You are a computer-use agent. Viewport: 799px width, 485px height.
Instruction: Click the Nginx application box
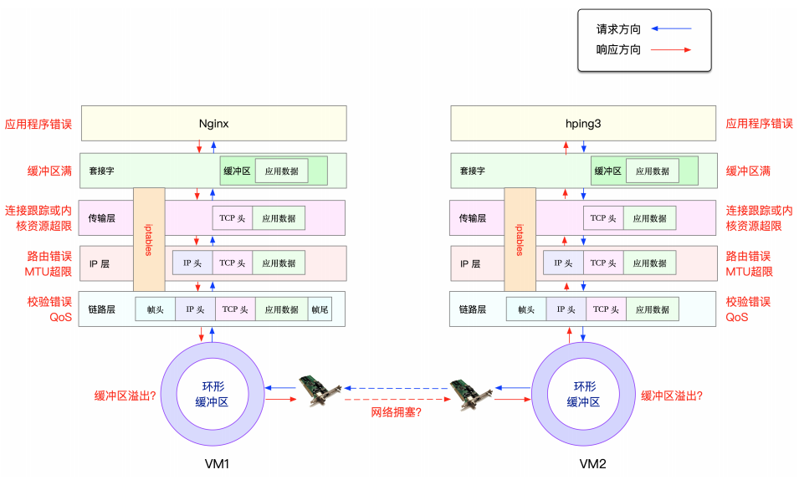click(213, 123)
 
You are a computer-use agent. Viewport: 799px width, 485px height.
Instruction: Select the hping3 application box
click(583, 123)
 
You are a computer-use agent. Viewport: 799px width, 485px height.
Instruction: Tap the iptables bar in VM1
click(149, 238)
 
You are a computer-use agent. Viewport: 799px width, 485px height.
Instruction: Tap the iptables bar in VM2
click(520, 238)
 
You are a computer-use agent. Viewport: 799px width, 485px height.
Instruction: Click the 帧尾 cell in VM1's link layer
click(320, 309)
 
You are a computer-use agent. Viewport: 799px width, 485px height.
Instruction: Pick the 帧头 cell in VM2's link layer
click(526, 309)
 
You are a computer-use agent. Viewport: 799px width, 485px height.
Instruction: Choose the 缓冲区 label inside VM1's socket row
click(236, 171)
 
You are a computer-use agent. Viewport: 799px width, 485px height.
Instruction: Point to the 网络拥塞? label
click(397, 411)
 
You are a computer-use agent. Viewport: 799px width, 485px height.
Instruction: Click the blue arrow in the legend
click(671, 28)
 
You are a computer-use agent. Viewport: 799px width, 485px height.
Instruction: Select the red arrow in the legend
click(671, 50)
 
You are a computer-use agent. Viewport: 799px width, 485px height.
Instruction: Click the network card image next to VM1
click(320, 391)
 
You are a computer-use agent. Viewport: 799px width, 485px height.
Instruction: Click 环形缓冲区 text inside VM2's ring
click(584, 394)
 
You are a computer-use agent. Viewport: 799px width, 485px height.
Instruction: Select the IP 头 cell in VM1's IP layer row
click(192, 263)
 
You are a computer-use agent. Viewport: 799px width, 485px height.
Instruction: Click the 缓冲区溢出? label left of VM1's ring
click(125, 396)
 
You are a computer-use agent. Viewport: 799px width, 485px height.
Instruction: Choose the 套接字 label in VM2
click(473, 171)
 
